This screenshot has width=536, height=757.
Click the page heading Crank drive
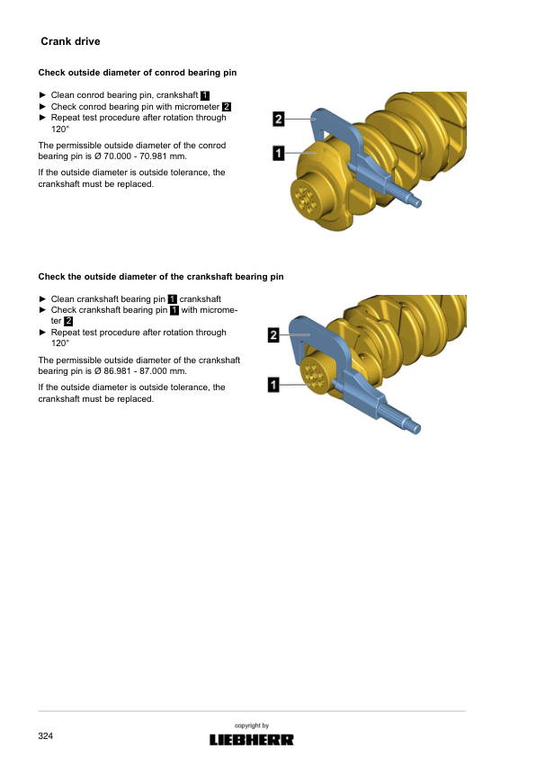point(70,41)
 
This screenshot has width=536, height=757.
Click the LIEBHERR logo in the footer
point(251,740)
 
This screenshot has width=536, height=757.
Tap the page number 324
point(45,735)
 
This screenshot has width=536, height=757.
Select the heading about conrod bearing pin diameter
point(138,73)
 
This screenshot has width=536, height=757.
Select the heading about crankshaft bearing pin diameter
point(161,277)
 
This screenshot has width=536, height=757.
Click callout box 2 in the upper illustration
point(279,119)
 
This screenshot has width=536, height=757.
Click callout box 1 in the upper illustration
point(279,154)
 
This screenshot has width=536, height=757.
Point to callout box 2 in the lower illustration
point(273,334)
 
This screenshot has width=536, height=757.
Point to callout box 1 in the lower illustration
point(273,385)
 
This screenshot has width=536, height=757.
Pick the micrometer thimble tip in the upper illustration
point(418,203)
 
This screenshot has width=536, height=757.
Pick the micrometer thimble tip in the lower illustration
point(416,428)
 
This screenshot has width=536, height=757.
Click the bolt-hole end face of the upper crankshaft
point(305,200)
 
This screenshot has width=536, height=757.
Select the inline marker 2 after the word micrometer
point(227,107)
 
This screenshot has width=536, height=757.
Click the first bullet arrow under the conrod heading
point(42,95)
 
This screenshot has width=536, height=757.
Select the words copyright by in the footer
point(252,726)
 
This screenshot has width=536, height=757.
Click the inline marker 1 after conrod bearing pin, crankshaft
point(205,95)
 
